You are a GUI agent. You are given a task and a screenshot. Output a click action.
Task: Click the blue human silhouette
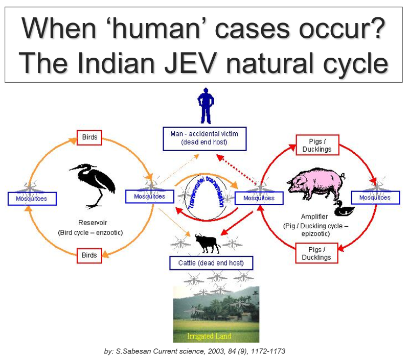tap(206, 106)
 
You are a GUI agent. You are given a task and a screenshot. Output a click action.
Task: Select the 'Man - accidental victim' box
tap(204, 139)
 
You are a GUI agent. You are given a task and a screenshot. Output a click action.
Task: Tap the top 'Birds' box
tap(89, 137)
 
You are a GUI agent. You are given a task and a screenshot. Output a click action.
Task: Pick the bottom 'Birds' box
tap(89, 255)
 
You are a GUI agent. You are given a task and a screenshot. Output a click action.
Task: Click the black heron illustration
tap(94, 185)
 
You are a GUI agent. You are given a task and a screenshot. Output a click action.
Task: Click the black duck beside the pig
tap(344, 208)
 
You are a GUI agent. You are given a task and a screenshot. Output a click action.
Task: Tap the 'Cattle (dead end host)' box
tap(211, 263)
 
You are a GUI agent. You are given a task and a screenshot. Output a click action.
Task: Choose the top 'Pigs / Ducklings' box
tap(317, 145)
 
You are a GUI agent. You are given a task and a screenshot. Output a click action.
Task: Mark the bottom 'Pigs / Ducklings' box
tap(316, 253)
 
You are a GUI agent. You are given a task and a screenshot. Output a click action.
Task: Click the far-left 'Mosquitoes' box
tap(32, 199)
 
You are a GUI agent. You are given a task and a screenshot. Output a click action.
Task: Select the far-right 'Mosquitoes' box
tap(375, 198)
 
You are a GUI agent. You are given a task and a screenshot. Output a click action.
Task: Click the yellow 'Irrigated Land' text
tap(209, 336)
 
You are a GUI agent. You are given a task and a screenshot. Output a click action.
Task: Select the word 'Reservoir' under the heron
tap(93, 223)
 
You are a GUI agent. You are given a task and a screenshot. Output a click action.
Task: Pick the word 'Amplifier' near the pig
tap(314, 217)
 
